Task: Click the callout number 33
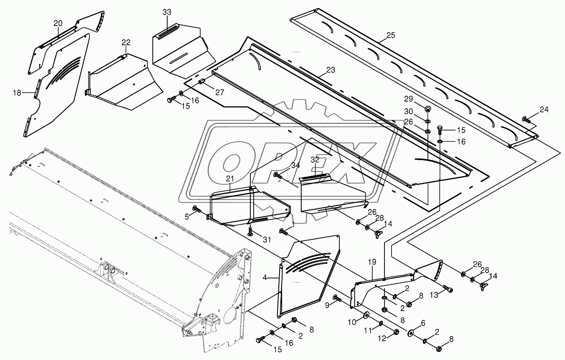[x=167, y=12]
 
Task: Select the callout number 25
[x=390, y=35]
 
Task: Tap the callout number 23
[x=331, y=70]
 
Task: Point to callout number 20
[x=58, y=23]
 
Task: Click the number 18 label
[x=17, y=93]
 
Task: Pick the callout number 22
[x=126, y=42]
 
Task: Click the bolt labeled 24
[x=526, y=120]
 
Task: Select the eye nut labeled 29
[x=428, y=109]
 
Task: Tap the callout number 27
[x=220, y=92]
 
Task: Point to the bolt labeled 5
[x=196, y=209]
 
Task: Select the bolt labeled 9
[x=337, y=298]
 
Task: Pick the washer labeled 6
[x=410, y=333]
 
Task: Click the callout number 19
[x=372, y=262]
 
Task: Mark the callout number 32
[x=315, y=159]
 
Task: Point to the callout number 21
[x=230, y=179]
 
